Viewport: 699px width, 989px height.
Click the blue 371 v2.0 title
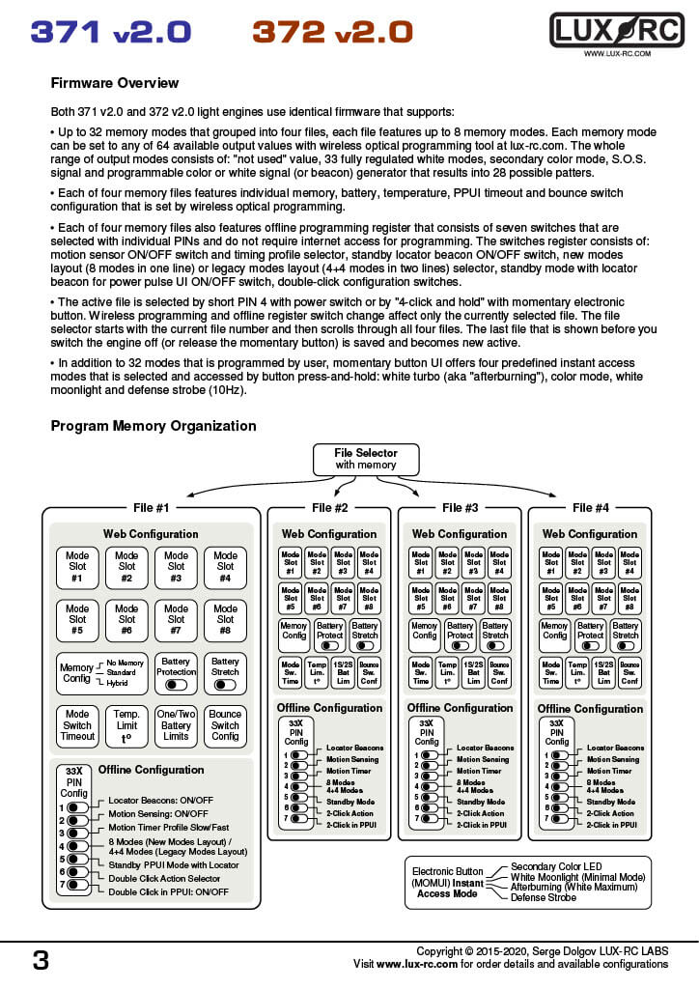[x=110, y=32]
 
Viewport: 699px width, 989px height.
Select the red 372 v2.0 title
[x=332, y=32]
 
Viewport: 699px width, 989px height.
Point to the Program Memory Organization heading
[x=154, y=426]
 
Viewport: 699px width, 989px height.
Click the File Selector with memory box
[x=365, y=458]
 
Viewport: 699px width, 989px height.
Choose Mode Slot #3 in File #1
[x=176, y=568]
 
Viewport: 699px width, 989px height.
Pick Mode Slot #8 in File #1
[x=225, y=621]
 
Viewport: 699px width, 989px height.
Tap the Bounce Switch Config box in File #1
[x=225, y=725]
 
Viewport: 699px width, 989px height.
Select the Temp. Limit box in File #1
[x=126, y=725]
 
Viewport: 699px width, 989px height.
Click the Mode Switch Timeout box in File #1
[x=77, y=725]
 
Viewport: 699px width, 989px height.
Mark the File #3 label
[x=460, y=508]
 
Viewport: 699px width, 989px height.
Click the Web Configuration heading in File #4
[x=589, y=534]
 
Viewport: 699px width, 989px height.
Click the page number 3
[x=41, y=960]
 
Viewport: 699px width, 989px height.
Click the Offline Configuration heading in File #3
[x=459, y=709]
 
